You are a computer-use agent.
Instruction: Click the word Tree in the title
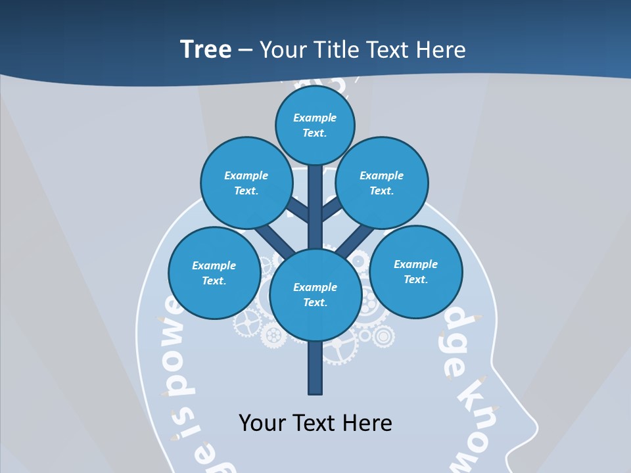pyautogui.click(x=206, y=49)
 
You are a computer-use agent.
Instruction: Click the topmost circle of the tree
pyautogui.click(x=315, y=125)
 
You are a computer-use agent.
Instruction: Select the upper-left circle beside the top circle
pyautogui.click(x=246, y=183)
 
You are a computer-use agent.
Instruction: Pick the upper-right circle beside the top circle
pyautogui.click(x=381, y=183)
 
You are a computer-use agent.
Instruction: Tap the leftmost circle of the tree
pyautogui.click(x=214, y=273)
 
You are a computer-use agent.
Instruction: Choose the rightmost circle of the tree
pyautogui.click(x=415, y=271)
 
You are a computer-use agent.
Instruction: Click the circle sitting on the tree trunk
pyautogui.click(x=315, y=294)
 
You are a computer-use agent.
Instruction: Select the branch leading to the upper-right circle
pyautogui.click(x=331, y=210)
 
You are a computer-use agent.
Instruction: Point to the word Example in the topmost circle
pyautogui.click(x=315, y=118)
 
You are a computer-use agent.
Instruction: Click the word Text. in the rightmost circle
pyautogui.click(x=415, y=279)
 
